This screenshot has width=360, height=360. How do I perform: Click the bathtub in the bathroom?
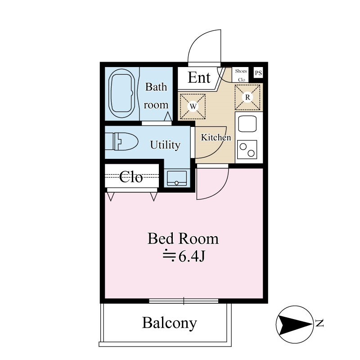122,93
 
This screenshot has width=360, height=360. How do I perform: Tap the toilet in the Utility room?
121,141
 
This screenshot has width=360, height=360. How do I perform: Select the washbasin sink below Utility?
177,178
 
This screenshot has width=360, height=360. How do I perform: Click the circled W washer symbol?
193,107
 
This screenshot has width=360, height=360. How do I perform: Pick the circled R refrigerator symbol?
247,97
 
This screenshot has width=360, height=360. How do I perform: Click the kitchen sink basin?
247,124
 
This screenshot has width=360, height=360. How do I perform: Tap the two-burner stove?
247,149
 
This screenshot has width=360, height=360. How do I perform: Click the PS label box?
258,73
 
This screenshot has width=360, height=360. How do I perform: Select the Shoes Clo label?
241,75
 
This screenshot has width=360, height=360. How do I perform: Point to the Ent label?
199,77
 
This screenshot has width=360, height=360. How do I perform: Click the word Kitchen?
216,137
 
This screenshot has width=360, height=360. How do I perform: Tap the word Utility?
165,145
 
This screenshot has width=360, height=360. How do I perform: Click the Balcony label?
170,323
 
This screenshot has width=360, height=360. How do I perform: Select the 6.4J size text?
184,256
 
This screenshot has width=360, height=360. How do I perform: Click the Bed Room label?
183,239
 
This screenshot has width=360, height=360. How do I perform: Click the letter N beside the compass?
319,323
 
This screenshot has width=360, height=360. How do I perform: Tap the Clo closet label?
131,177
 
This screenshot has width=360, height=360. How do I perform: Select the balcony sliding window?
184,301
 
